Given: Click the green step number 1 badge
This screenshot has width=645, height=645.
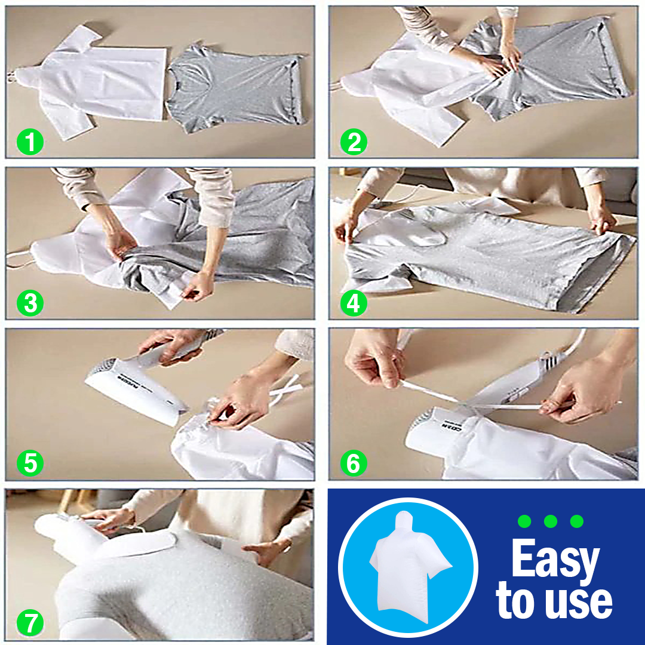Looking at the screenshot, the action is point(30,142).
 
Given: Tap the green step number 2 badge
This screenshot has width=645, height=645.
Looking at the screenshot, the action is point(354,142).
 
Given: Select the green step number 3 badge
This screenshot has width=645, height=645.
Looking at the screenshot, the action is point(30,303).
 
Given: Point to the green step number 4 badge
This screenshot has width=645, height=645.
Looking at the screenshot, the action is point(354,303).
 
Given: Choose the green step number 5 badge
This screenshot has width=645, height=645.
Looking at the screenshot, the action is point(30,463).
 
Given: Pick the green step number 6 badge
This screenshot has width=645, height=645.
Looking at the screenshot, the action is point(354,463).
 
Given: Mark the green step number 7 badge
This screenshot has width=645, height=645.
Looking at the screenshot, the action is point(30,623).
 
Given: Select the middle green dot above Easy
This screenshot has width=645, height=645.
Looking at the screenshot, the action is point(551,521).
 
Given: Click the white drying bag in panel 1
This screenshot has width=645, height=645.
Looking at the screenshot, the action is point(88,82).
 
